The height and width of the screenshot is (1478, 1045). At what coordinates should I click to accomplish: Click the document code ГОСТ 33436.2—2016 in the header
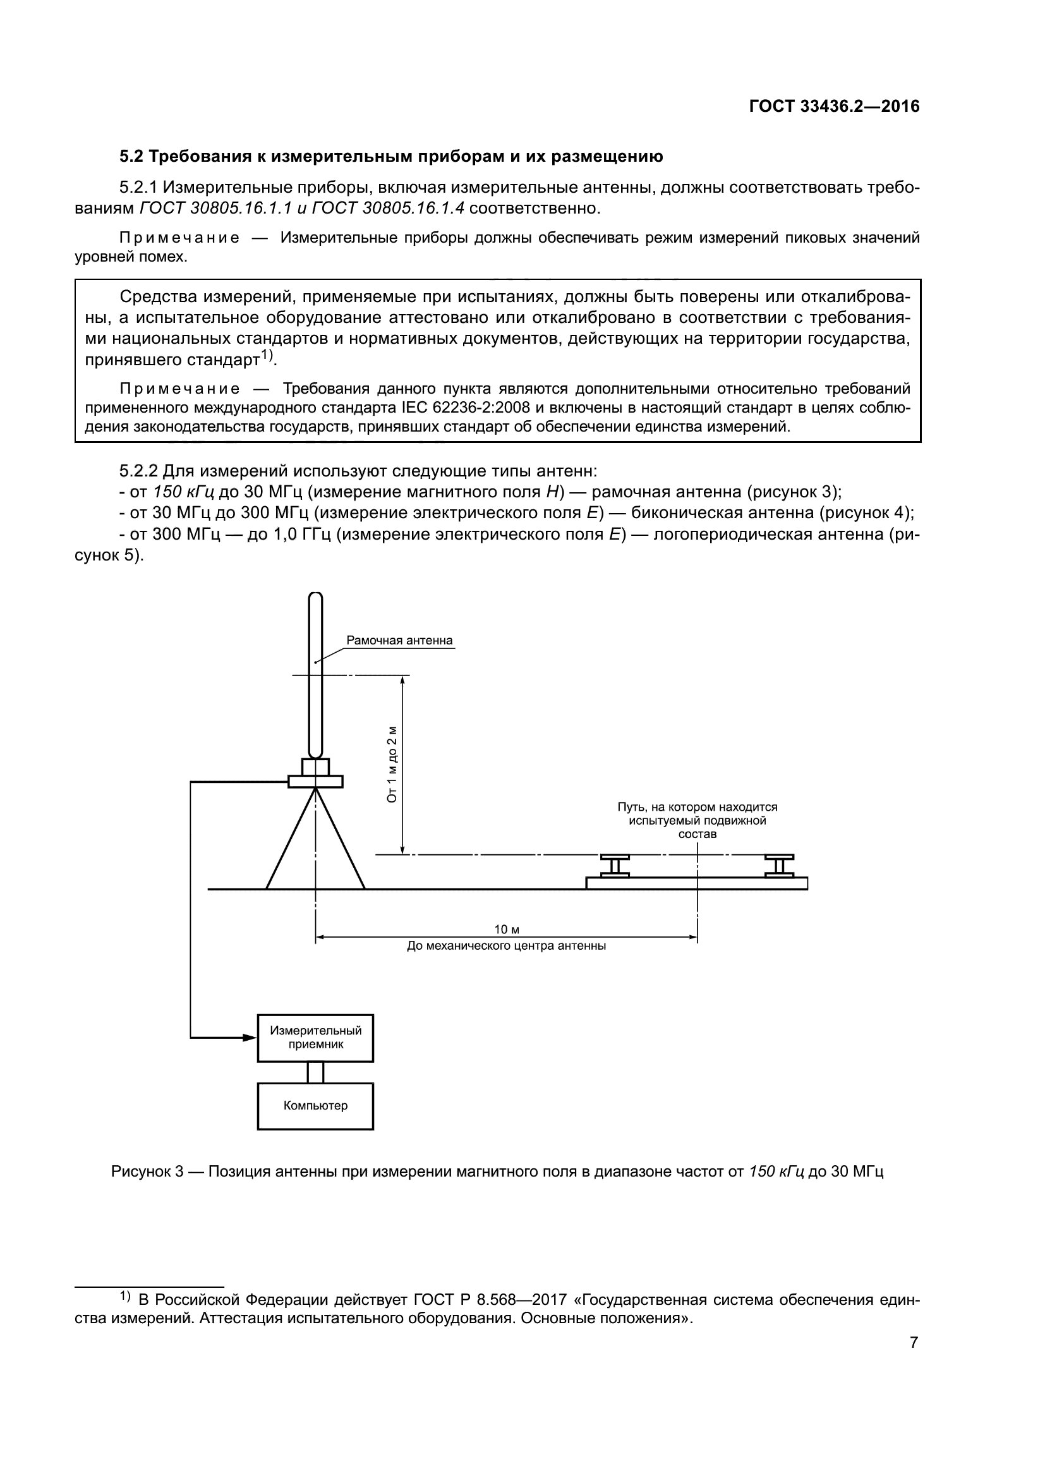point(834,107)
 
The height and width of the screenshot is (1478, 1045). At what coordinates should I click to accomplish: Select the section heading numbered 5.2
point(390,157)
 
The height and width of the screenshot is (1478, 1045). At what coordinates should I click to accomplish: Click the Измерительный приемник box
point(315,1037)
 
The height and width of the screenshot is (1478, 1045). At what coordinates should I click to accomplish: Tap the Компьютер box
point(315,1105)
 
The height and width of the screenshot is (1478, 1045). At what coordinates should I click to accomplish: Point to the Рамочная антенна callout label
point(399,641)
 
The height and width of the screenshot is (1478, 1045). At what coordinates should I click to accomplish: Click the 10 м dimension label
point(507,930)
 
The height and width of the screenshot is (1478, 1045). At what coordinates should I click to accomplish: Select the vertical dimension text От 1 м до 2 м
point(392,765)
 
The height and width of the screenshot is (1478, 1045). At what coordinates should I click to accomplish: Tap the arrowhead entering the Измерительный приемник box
point(250,1037)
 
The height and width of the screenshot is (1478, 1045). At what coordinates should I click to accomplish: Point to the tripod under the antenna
point(315,844)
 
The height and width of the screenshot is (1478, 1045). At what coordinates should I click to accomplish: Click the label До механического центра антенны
point(507,947)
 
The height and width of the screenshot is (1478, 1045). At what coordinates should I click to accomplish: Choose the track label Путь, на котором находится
point(698,807)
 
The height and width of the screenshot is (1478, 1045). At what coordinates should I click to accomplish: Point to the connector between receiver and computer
point(315,1072)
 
